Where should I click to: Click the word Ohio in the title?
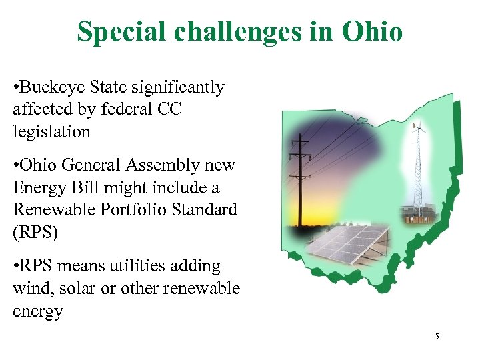pyautogui.click(x=373, y=31)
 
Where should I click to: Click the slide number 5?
pyautogui.click(x=437, y=337)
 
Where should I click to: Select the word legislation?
pyautogui.click(x=51, y=132)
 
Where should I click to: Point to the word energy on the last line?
pyautogui.click(x=37, y=311)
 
